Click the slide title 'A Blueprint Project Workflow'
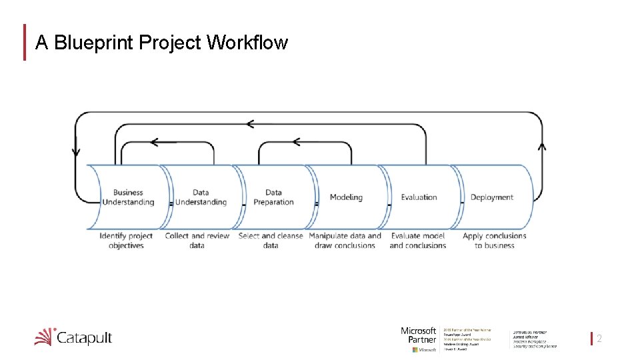tap(161, 43)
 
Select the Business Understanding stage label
tap(128, 197)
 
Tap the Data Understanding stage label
tap(201, 197)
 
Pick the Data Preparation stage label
tap(273, 197)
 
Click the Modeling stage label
tap(346, 197)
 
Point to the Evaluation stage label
tap(419, 197)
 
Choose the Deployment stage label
tap(491, 197)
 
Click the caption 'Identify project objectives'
tap(126, 241)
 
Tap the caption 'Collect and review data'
tap(197, 241)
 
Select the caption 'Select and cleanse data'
tap(270, 241)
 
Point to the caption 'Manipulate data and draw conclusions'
tap(345, 241)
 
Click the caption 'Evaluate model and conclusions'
tap(418, 241)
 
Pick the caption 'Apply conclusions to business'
tap(494, 241)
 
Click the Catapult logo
tap(73, 337)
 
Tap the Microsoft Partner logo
tap(419, 339)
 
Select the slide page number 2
tap(599, 339)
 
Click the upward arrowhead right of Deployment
tap(541, 145)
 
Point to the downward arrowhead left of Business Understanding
tap(75, 151)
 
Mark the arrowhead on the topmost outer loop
tap(250, 123)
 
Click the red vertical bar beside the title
tap(25, 43)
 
